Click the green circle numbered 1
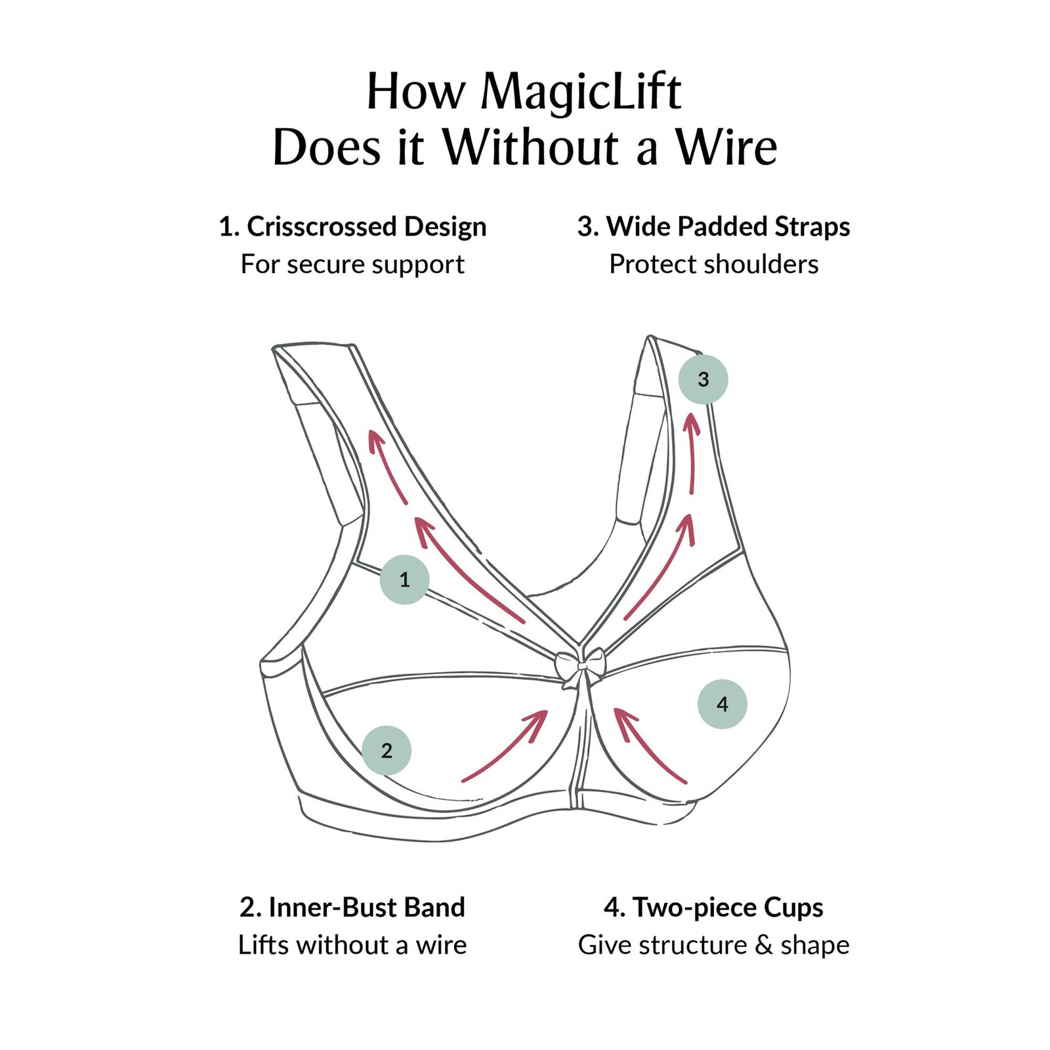point(405,579)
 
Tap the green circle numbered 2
point(387,750)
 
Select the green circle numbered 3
point(703,379)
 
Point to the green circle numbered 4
point(723,704)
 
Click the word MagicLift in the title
point(581,92)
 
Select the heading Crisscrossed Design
point(367,226)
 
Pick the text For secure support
point(352,264)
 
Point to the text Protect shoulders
point(714,264)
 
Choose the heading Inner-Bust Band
point(367,908)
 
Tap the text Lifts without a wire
point(352,945)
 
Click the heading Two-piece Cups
point(728,908)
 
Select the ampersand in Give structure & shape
point(764,946)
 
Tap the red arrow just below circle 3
point(692,452)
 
